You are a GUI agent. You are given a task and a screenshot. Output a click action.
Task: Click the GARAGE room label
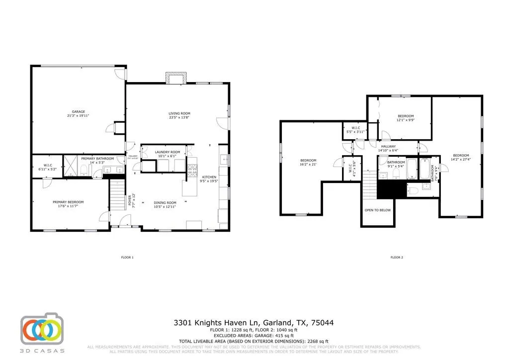[78, 111]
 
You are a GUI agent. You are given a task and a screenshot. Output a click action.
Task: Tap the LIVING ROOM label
[179, 114]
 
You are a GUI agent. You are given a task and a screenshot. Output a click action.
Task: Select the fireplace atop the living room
[176, 79]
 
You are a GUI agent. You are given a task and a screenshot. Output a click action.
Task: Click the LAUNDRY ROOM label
[167, 152]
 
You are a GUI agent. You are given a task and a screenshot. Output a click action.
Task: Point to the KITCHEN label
[209, 177]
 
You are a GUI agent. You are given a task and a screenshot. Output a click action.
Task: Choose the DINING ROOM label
[165, 202]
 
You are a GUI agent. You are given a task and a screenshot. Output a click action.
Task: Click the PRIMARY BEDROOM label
[68, 202]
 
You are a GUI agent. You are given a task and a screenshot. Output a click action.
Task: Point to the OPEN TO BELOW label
[377, 210]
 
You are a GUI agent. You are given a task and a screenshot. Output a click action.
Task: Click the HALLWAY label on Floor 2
[389, 146]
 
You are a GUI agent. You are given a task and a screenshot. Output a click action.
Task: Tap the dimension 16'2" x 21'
[308, 164]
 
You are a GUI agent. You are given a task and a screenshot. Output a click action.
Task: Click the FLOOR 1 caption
[127, 258]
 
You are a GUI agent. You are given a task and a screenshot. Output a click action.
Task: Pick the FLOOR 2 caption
[396, 258]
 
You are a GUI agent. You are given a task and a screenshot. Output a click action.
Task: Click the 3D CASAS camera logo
[42, 330]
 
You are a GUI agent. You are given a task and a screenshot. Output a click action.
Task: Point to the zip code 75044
[322, 323]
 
